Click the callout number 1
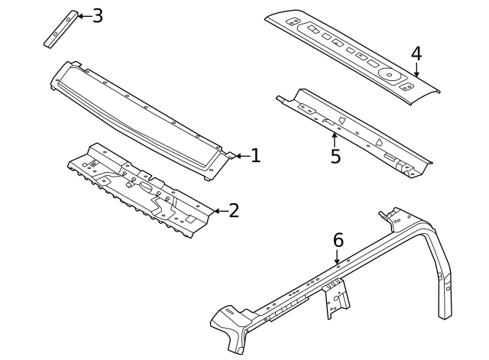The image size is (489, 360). (x=255, y=156)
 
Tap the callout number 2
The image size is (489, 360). (x=234, y=210)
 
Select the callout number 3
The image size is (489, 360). (x=97, y=15)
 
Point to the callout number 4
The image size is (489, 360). (x=416, y=54)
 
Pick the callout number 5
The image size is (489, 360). (x=335, y=156)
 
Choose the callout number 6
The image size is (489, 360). (x=338, y=240)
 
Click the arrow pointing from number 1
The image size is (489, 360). (x=241, y=156)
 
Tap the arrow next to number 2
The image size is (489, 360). (x=219, y=210)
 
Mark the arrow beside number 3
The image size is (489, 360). (x=83, y=15)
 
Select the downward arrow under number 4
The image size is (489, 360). (x=416, y=70)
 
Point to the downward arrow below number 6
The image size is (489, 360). (x=337, y=258)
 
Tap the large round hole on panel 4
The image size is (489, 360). (x=389, y=75)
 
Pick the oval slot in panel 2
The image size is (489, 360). (x=145, y=186)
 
